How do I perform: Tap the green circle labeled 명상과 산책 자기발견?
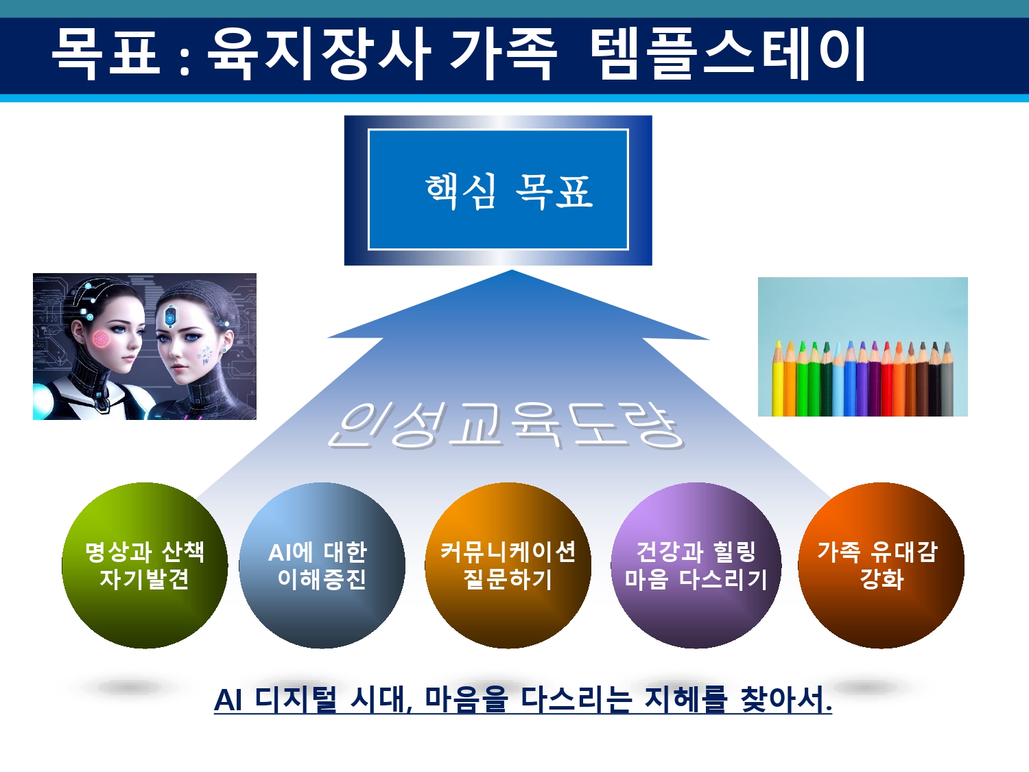point(145,565)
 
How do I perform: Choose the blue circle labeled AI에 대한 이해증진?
point(322,565)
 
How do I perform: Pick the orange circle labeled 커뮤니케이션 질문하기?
point(508,565)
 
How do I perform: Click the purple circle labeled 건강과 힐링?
point(696,565)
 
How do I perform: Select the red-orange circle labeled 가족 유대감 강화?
point(882,565)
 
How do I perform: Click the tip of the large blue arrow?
point(512,270)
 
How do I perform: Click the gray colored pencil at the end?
point(947,379)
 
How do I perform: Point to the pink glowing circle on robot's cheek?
point(101,339)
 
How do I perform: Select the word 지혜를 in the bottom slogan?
point(686,700)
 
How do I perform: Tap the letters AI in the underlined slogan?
point(228,700)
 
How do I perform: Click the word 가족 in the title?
point(504,53)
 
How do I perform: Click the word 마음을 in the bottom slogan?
point(466,700)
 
